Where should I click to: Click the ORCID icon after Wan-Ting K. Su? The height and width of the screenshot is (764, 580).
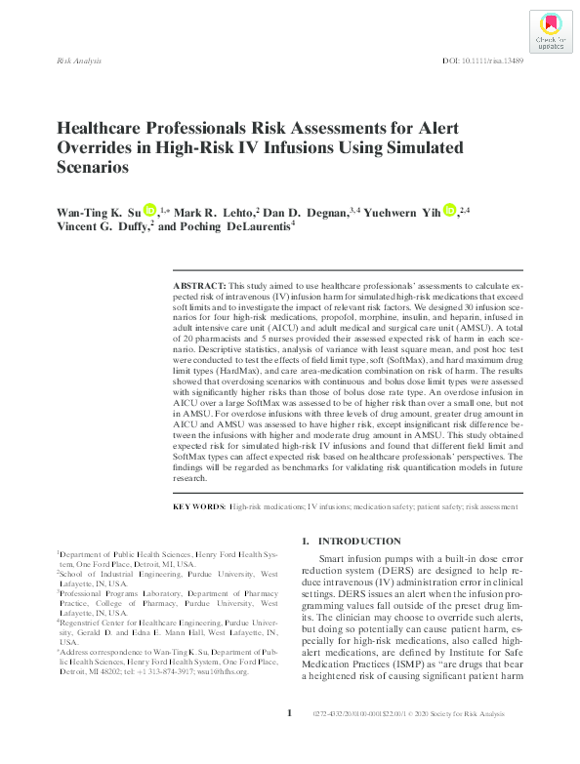pyautogui.click(x=150, y=210)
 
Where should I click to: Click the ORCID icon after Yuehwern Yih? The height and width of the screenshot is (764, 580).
pyautogui.click(x=448, y=210)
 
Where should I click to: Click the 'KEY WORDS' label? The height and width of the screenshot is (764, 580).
pyautogui.click(x=198, y=508)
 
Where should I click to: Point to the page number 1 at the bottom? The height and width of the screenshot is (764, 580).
pyautogui.click(x=289, y=741)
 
